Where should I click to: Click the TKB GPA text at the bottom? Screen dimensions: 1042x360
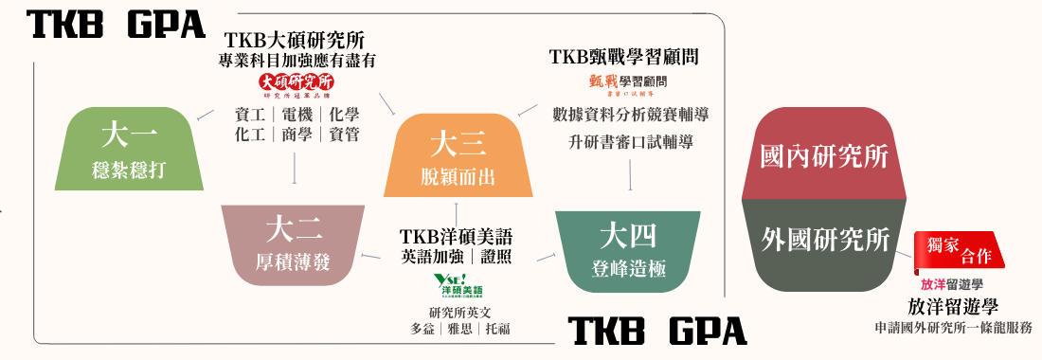click(656, 332)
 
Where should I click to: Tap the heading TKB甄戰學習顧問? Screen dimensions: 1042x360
click(624, 57)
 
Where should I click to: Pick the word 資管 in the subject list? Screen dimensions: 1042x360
click(344, 135)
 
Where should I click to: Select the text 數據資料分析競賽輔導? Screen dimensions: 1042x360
click(631, 115)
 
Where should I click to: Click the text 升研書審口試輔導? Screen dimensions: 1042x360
click(631, 143)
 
